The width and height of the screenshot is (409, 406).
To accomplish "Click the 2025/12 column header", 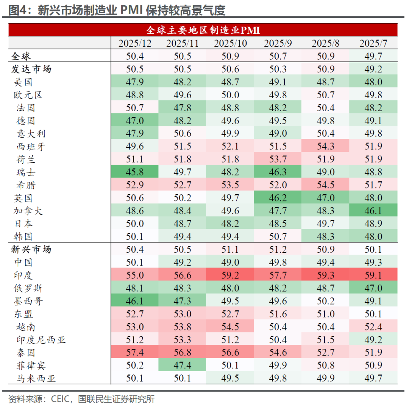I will click(x=135, y=43).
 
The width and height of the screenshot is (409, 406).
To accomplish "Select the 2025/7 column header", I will click(x=373, y=43).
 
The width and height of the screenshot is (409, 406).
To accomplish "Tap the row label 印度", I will click(x=23, y=275).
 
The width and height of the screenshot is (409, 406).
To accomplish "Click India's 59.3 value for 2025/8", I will click(x=326, y=275).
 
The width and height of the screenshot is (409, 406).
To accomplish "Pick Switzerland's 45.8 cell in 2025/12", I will click(x=135, y=172).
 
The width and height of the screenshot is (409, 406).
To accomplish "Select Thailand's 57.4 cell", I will click(x=135, y=353).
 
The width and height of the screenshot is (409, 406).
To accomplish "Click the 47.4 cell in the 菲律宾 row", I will click(x=182, y=366).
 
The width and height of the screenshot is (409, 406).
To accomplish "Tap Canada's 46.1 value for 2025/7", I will click(x=373, y=211).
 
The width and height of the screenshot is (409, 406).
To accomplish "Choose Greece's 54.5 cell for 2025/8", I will click(x=326, y=185).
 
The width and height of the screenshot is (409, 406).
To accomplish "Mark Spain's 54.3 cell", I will click(x=326, y=146).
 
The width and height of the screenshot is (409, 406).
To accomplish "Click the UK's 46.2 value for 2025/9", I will click(x=278, y=198).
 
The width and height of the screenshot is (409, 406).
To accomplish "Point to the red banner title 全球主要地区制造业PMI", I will click(x=203, y=30).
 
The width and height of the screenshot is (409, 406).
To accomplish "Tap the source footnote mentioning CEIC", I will click(x=81, y=399).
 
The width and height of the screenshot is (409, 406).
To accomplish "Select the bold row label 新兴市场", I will click(x=31, y=250).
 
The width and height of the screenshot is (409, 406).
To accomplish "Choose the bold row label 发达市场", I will click(x=31, y=69).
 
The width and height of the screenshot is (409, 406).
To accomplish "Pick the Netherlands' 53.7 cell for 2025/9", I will click(x=278, y=159).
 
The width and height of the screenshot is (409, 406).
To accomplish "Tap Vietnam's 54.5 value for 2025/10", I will click(x=230, y=327).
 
